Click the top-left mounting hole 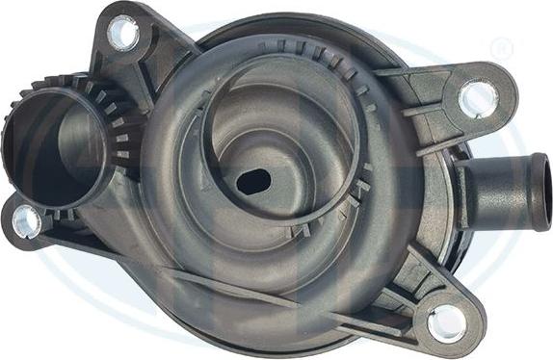pyautogui.click(x=122, y=34)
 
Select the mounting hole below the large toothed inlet pyautogui.click(x=26, y=221)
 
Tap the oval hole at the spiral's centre pyautogui.click(x=252, y=180)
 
